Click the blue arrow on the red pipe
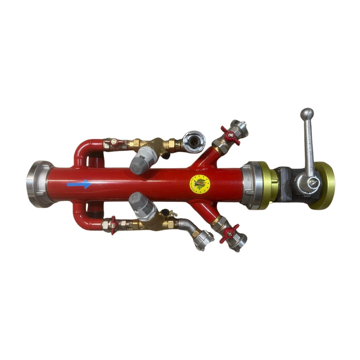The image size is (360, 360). point(79,184)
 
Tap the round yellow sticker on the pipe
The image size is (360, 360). point(200,183)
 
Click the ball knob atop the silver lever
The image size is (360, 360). point(307,114)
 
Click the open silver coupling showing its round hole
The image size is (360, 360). point(194,142)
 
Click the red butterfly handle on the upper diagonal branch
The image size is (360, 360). point(230,135)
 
